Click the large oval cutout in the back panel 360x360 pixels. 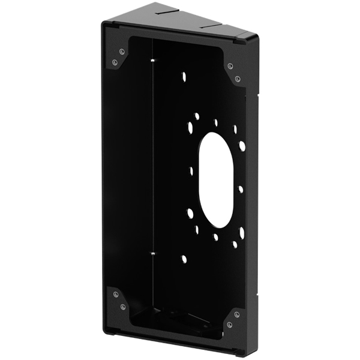(217, 179)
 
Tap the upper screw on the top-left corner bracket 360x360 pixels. (122, 52)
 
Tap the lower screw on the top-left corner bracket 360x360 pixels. (115, 62)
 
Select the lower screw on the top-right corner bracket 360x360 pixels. (238, 79)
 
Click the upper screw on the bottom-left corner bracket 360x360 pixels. (115, 295)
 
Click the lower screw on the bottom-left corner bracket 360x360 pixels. (122, 307)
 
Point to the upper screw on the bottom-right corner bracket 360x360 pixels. (238, 313)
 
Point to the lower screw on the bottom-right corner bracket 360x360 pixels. (230, 325)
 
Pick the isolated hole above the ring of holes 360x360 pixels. (184, 77)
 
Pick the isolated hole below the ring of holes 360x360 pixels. (184, 259)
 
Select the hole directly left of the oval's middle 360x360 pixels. (191, 171)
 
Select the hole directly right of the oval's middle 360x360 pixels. (241, 189)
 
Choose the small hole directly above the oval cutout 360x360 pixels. (216, 122)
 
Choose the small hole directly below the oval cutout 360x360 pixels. (215, 237)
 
